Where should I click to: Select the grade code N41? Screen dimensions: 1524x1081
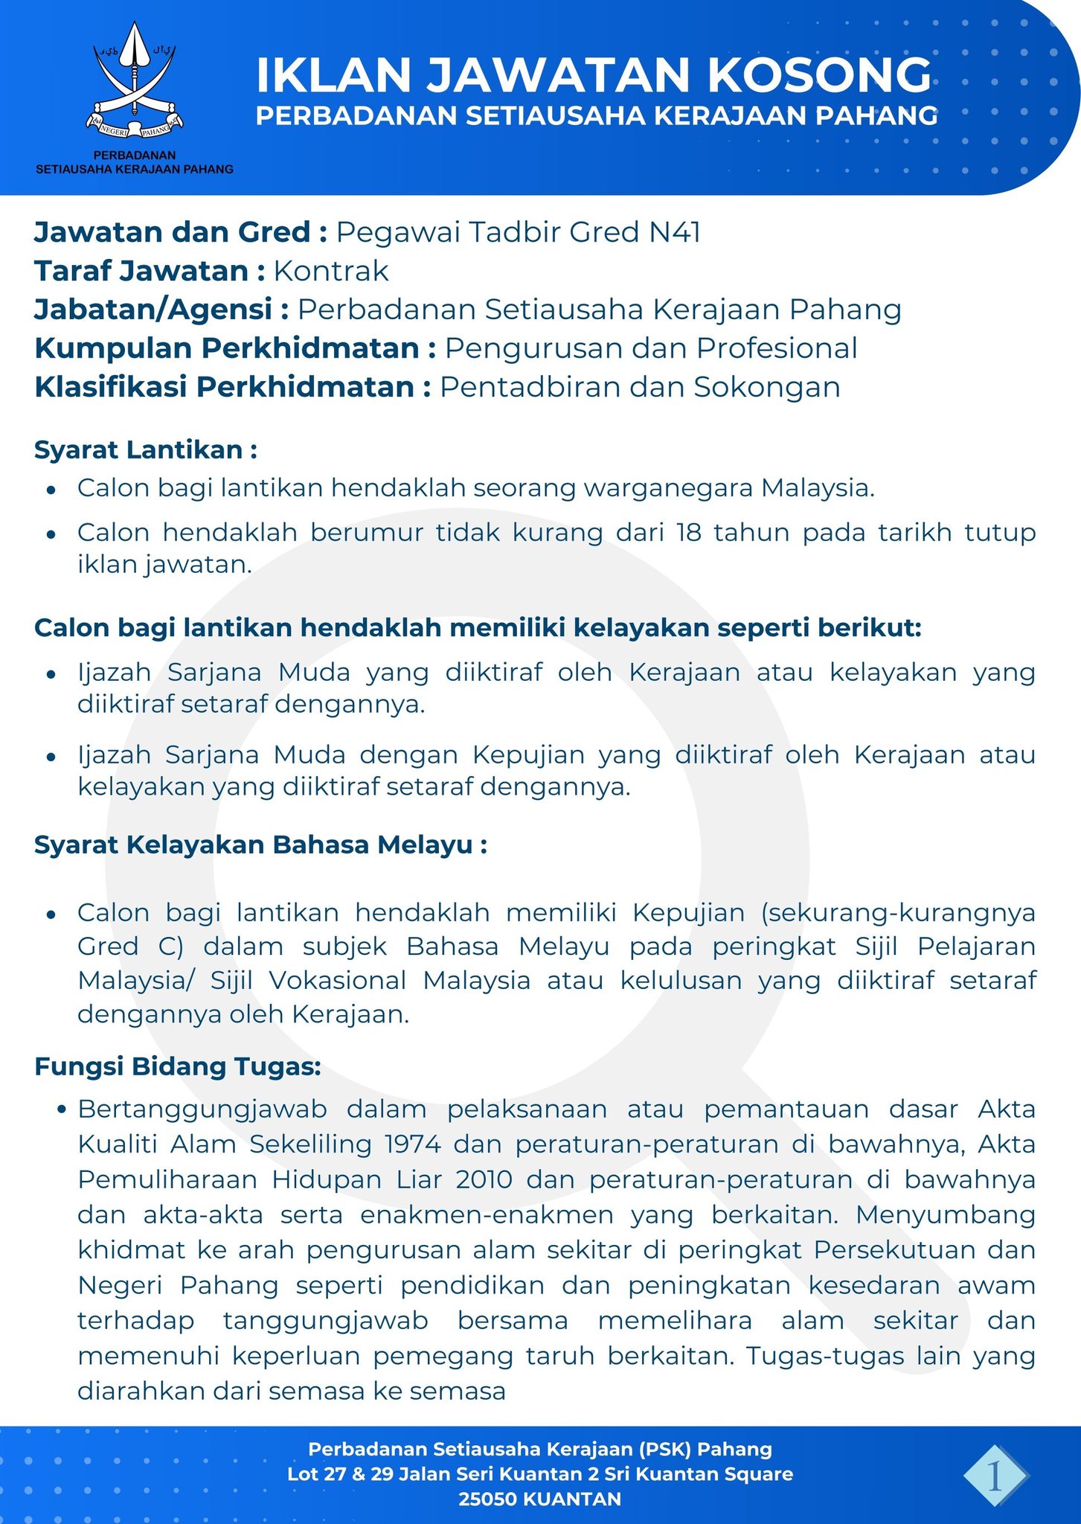(x=674, y=232)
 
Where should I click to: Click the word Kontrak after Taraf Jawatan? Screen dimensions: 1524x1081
(x=331, y=271)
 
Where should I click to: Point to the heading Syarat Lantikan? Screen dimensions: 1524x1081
(x=146, y=449)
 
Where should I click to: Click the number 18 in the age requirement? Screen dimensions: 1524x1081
(x=689, y=533)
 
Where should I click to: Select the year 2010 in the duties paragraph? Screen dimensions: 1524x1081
(x=484, y=1179)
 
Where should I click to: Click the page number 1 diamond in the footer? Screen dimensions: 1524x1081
(x=995, y=1475)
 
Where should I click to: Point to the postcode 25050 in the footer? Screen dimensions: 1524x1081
(x=488, y=1499)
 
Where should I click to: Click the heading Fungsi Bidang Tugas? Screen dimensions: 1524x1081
(x=178, y=1066)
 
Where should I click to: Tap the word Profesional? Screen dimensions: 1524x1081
(x=777, y=348)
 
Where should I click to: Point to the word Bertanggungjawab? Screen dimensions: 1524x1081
(x=202, y=1109)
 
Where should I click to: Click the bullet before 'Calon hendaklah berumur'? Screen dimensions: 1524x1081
(x=51, y=534)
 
